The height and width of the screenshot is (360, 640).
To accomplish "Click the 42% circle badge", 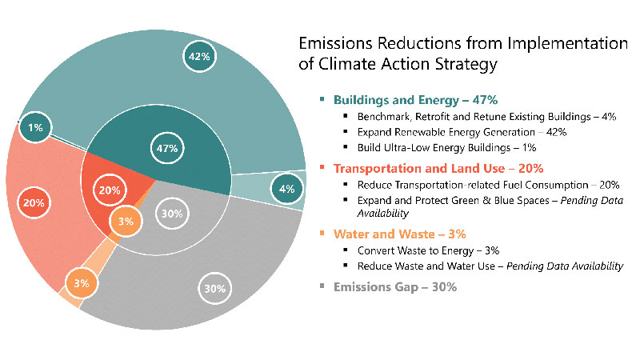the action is [x=199, y=56].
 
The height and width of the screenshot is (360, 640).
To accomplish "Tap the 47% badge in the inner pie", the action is [x=167, y=148].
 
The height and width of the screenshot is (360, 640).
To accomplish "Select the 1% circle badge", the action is [x=35, y=127].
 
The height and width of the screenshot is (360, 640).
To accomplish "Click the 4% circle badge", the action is [x=287, y=189].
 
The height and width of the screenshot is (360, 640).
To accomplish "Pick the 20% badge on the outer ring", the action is [x=34, y=202].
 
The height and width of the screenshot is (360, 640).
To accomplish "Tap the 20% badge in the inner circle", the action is [x=110, y=190].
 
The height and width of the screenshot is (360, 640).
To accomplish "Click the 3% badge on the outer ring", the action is [x=82, y=283].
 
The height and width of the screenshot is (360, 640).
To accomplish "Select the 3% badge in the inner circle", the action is [x=126, y=222].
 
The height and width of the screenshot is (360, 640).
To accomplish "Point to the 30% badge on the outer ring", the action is [x=214, y=289].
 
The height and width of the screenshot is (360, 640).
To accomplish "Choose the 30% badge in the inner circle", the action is [x=172, y=214].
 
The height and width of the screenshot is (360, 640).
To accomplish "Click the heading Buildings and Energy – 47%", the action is [x=415, y=100].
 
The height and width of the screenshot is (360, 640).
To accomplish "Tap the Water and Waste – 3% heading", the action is [x=399, y=234].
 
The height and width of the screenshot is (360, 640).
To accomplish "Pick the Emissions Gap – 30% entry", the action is [x=395, y=287].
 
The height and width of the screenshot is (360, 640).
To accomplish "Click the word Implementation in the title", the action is [x=568, y=43].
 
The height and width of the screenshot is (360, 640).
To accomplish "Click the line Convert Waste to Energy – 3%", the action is [x=428, y=250].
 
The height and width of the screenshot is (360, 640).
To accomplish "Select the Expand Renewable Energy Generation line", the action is [x=462, y=132].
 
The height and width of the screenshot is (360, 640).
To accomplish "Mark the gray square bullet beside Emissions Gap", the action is [x=322, y=286].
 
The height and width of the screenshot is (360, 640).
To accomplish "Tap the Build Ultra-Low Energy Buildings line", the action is [x=447, y=148].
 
